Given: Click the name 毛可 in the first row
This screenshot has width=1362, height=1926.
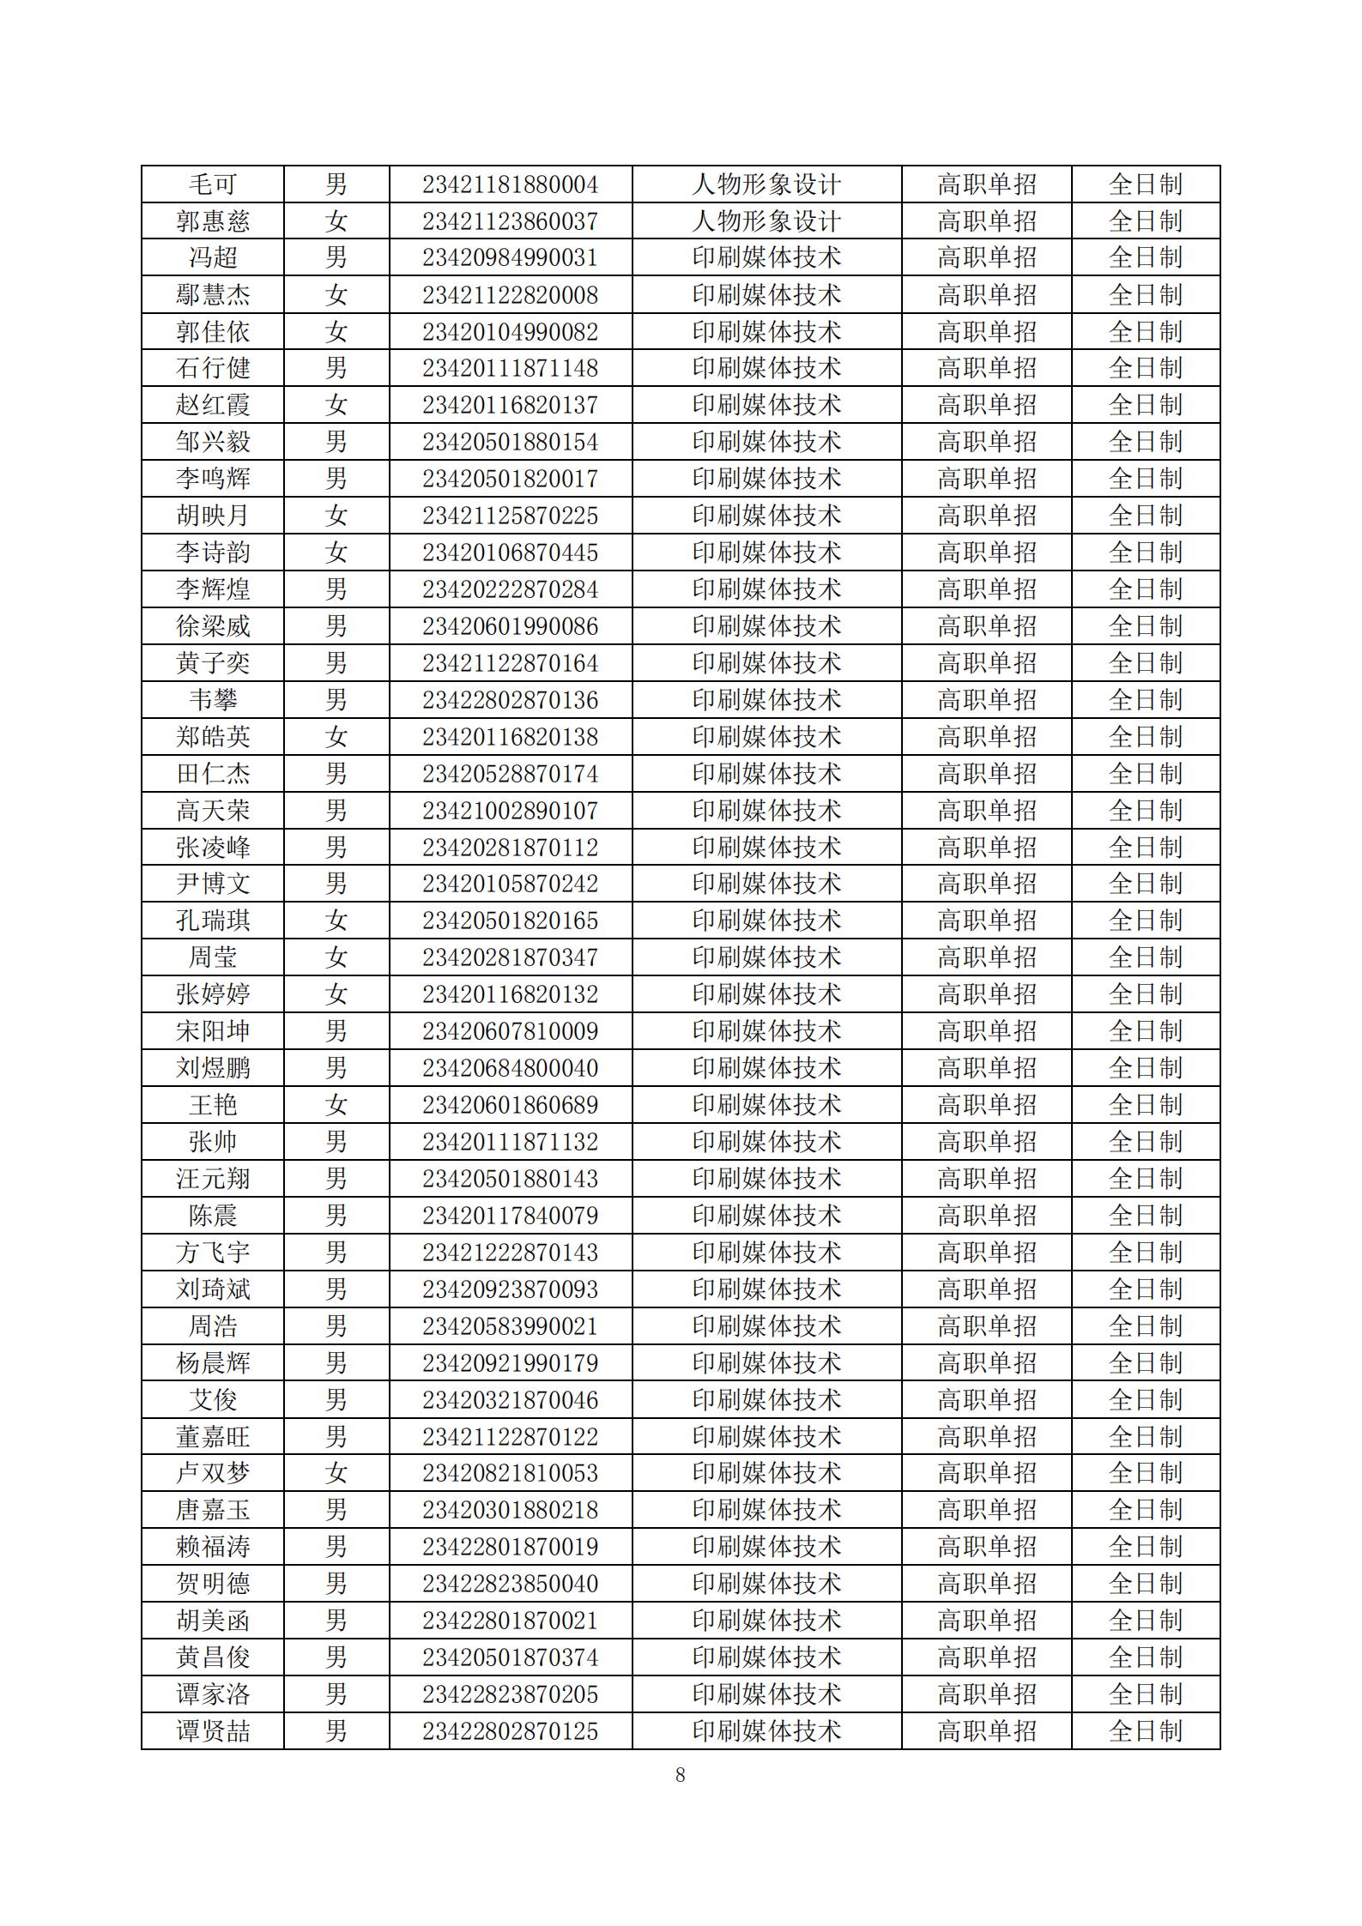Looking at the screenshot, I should [212, 184].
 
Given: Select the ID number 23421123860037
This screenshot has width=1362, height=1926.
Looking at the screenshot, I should [510, 221].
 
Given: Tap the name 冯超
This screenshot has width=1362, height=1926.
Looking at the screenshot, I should [212, 257].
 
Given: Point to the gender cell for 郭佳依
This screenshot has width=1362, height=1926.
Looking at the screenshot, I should [336, 332].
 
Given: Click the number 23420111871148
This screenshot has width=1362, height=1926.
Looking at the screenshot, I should [510, 369].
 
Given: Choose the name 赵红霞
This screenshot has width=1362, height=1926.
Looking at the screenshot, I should [212, 405].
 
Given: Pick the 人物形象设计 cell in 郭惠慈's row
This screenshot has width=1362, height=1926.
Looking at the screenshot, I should [766, 221].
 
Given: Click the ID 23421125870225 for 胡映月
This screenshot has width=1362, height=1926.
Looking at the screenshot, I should [510, 516].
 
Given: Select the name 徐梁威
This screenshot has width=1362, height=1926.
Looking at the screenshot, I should [212, 626].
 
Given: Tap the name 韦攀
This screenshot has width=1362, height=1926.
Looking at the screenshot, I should [212, 700].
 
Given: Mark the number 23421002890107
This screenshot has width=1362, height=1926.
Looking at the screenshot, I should [510, 811].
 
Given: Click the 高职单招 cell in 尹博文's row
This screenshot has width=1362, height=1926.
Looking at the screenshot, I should [986, 884].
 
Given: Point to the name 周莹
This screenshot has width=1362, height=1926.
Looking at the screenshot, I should [212, 957].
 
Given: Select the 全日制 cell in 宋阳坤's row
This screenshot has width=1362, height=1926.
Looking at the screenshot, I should [1145, 1031].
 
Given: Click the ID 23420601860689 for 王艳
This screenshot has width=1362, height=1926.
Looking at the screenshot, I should [510, 1105].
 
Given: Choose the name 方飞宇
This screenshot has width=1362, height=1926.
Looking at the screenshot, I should [212, 1253].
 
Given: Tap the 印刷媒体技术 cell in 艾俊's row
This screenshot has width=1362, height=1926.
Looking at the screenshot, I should [766, 1400].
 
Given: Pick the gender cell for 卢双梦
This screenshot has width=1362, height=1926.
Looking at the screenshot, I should [336, 1473].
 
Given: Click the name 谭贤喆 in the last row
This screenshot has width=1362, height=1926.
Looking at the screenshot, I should [212, 1731].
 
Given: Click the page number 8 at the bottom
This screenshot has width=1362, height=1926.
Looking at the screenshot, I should [681, 1775].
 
